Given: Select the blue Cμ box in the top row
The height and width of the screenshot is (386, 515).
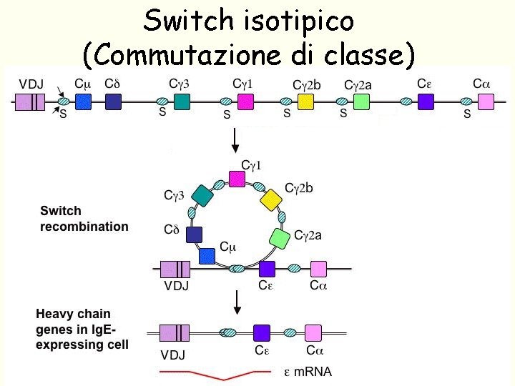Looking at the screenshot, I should click(84, 102).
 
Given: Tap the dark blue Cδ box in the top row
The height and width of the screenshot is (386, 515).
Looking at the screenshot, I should click(113, 102).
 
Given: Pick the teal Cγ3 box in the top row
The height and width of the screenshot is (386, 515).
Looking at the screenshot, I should click(182, 102).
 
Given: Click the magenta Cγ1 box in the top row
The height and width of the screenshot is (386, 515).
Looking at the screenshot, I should click(245, 102).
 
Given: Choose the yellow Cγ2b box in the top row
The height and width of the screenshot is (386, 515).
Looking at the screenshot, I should click(306, 102).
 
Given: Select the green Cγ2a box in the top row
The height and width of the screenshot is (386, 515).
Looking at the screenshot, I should click(361, 102).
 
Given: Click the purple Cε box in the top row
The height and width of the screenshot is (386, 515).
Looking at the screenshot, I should click(426, 102).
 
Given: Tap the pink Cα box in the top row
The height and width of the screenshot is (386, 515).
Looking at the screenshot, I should click(486, 102).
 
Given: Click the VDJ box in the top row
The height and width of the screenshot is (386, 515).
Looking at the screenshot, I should click(32, 102).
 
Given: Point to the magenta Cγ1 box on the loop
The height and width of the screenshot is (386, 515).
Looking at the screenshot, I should click(237, 179).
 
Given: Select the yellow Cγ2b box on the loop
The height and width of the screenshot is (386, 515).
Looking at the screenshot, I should click(272, 199).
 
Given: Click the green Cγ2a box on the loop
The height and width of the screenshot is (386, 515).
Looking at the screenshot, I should click(280, 237).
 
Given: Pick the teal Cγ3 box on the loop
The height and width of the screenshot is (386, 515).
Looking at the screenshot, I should click(202, 195).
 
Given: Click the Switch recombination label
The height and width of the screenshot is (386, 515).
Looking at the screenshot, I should click(84, 219).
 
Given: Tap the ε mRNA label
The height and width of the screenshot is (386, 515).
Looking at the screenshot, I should click(308, 372).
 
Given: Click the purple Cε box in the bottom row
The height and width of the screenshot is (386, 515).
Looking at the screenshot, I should click(263, 332).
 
